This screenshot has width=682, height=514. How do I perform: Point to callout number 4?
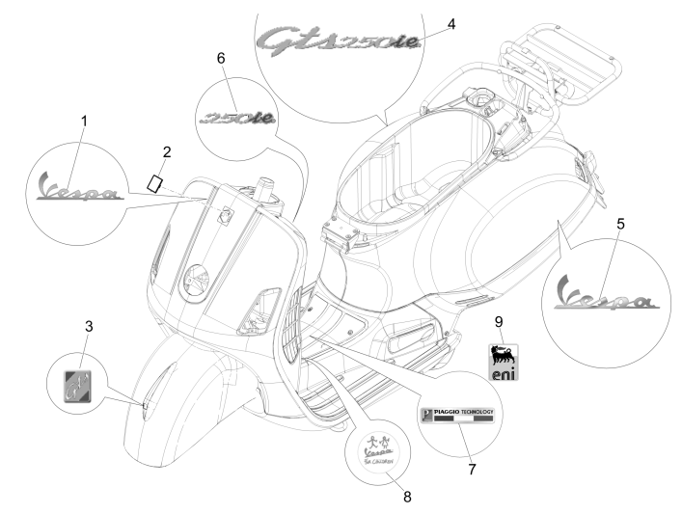(451, 21)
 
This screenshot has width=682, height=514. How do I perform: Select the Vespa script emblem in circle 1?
(78, 186)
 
